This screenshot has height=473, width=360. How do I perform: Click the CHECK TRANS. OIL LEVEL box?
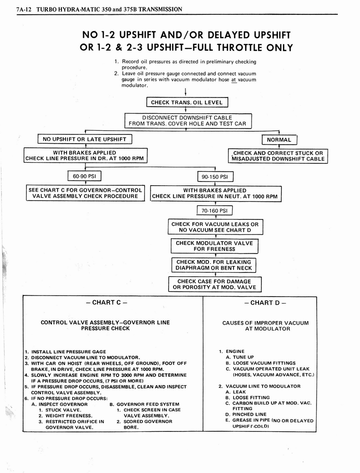[187, 103]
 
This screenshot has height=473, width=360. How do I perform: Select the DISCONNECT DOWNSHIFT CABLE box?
[187, 121]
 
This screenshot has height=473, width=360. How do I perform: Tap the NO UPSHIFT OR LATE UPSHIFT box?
[84, 139]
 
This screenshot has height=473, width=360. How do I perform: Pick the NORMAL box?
[279, 140]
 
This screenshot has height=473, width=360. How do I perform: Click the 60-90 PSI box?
[84, 176]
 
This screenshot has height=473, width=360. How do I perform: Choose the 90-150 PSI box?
[215, 177]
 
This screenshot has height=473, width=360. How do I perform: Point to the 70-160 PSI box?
[215, 211]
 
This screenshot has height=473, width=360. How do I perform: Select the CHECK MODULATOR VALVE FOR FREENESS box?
[214, 246]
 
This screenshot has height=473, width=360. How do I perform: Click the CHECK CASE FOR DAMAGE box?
[214, 284]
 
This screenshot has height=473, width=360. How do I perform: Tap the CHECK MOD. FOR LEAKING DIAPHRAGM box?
[214, 265]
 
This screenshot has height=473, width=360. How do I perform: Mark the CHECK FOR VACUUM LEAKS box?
[215, 227]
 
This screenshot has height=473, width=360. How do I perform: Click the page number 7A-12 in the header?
[24, 9]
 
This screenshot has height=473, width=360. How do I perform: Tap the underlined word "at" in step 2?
[234, 79]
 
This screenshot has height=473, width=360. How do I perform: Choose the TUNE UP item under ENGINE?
[243, 357]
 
